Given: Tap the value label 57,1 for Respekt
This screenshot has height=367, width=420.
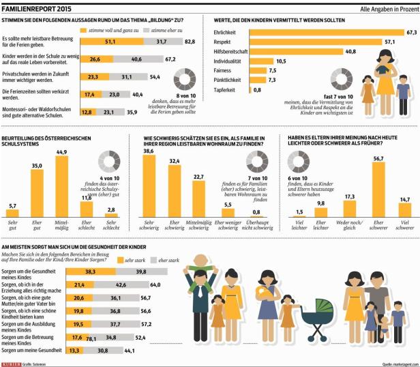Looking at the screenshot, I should coord(391,42).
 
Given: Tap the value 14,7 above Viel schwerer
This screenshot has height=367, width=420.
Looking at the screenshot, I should coord(404,199).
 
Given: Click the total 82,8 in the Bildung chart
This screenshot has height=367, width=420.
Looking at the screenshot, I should coord(190,42).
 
